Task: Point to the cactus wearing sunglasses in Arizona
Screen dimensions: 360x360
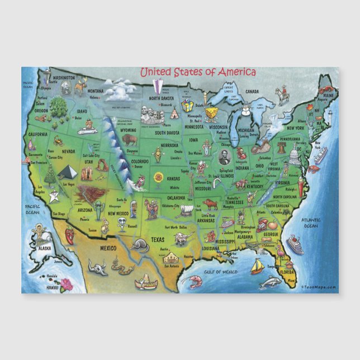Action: tap(98, 209)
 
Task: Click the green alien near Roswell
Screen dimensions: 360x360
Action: tap(133, 209)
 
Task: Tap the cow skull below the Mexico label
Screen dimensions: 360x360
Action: tap(100, 269)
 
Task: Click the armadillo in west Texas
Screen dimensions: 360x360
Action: tap(139, 244)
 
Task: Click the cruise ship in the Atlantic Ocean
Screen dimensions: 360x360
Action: tap(295, 244)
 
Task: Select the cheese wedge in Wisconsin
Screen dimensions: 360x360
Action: tap(211, 115)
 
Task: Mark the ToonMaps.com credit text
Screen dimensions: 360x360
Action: tap(319, 288)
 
